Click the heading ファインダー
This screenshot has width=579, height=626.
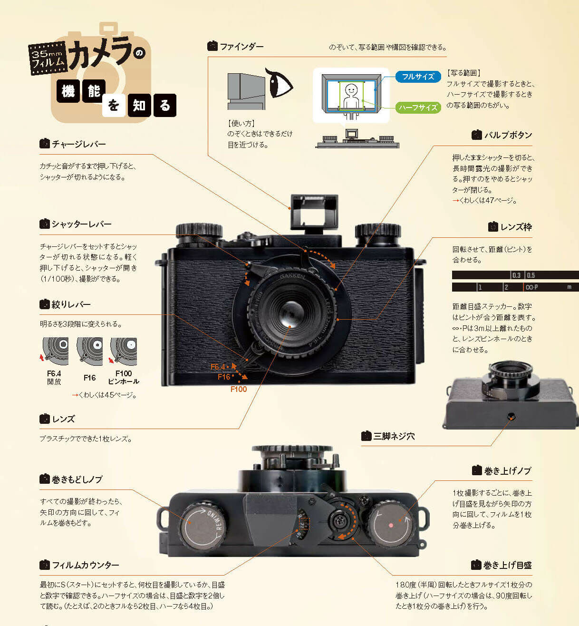[241, 47]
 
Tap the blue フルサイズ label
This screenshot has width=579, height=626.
[418, 77]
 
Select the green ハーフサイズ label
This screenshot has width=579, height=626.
[418, 108]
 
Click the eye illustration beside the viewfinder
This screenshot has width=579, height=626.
[280, 82]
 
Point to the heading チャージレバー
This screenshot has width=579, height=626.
[78, 144]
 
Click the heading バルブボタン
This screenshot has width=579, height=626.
[508, 135]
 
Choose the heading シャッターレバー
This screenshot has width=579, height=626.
[81, 224]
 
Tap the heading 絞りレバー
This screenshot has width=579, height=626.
[71, 304]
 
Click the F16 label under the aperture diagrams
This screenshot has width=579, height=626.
[89, 378]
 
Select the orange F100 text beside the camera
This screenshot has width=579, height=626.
[239, 389]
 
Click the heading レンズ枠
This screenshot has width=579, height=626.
[516, 227]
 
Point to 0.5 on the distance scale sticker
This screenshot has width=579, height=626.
[531, 275]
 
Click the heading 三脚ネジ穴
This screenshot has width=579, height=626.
[394, 436]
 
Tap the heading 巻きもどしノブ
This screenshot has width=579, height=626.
[77, 479]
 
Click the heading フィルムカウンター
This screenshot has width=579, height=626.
[85, 565]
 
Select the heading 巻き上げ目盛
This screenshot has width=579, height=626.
[507, 565]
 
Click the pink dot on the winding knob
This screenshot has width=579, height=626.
[391, 525]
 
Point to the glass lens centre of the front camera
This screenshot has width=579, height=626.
[290, 314]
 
